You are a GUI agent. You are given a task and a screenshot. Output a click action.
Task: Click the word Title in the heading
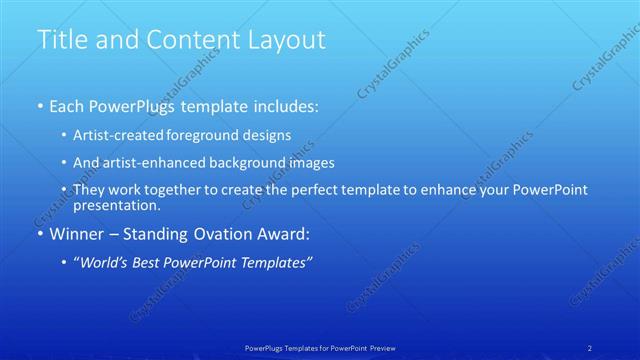click(x=62, y=40)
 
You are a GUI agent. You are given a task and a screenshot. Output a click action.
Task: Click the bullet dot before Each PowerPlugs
click(x=39, y=106)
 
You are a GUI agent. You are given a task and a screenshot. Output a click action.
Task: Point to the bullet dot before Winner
click(x=39, y=235)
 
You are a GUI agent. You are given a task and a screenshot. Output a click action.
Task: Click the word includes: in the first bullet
click(x=285, y=106)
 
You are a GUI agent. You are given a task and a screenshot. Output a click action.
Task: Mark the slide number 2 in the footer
click(x=590, y=347)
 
